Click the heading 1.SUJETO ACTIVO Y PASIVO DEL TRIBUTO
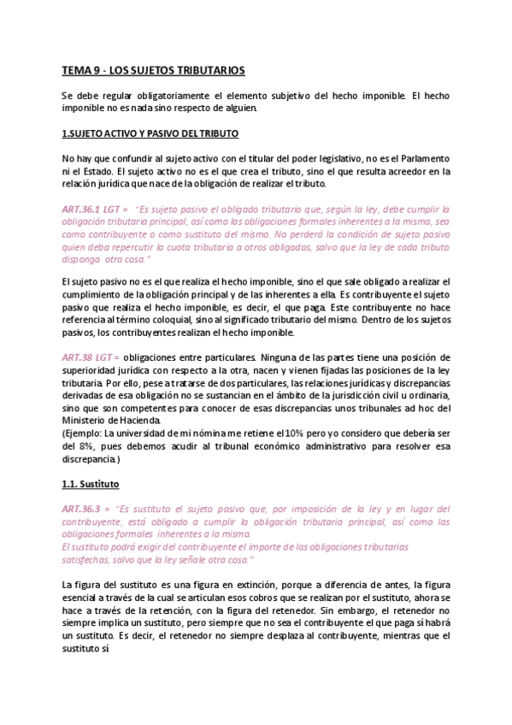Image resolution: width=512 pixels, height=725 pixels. pos(150,134)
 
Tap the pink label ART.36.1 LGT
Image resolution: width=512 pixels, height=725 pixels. pos(94,208)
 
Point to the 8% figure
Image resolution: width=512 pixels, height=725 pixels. pos(83,445)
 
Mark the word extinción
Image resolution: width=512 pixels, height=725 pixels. pos(242,584)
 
